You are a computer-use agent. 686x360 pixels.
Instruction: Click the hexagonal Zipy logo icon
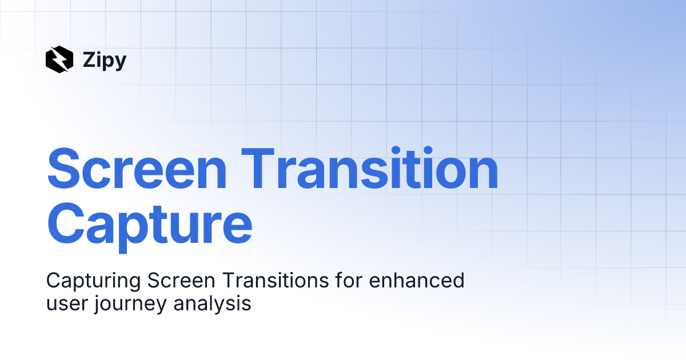[59, 59]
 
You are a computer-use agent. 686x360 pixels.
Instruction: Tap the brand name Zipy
[104, 60]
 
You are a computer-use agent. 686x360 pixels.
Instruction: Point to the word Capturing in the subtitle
[93, 281]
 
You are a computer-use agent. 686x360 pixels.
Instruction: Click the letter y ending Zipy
[119, 62]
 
